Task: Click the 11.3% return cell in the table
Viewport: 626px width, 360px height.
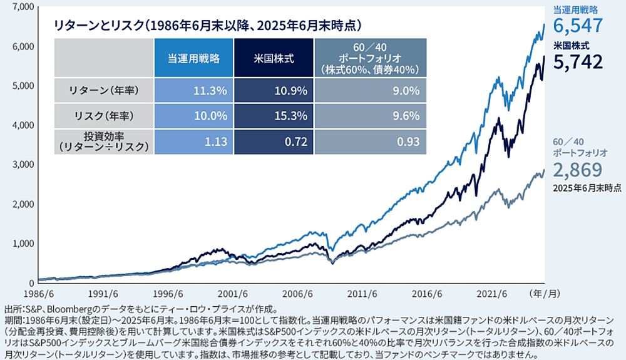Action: (x=210, y=91)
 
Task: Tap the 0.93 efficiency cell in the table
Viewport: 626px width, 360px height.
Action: (x=408, y=141)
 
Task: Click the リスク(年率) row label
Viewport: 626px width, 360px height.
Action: (x=103, y=116)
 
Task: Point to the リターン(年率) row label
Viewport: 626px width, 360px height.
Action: (x=103, y=91)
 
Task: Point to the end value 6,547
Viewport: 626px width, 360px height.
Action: (x=578, y=26)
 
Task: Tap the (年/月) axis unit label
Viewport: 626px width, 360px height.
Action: (x=546, y=292)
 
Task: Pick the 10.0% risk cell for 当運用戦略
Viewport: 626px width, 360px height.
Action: (x=210, y=116)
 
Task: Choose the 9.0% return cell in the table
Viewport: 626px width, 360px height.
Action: (x=408, y=91)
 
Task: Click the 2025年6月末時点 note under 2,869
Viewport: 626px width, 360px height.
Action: (x=587, y=187)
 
